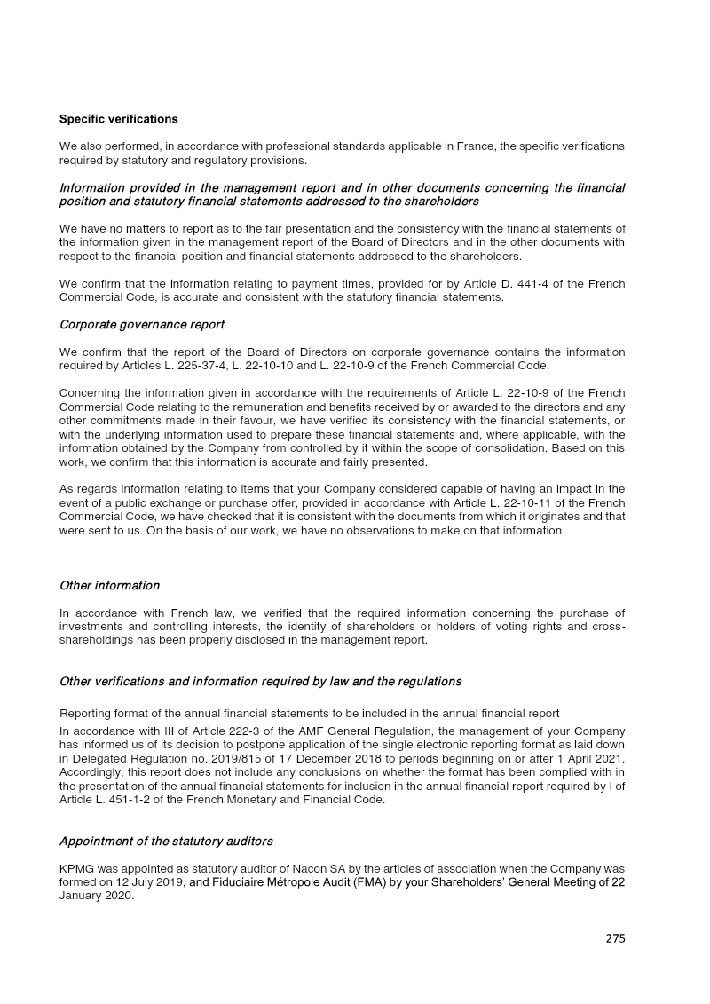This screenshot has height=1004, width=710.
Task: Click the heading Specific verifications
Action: tap(118, 119)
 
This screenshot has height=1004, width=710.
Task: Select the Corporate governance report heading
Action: tap(141, 325)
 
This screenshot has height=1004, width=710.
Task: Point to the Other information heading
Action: tap(109, 586)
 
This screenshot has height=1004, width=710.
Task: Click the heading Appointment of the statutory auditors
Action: tap(166, 842)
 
